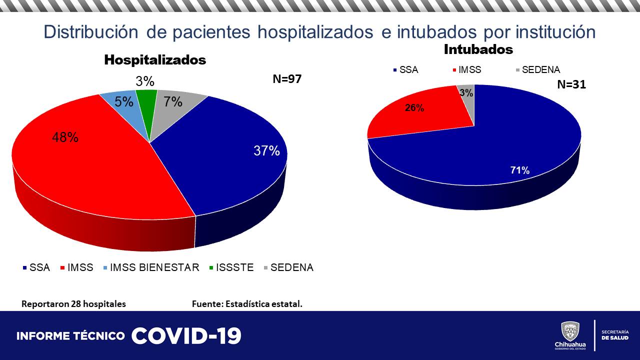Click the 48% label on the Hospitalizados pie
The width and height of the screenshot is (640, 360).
pos(65,137)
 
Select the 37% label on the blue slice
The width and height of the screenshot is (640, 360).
pos(266,150)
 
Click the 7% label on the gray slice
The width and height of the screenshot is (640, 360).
pos(173,101)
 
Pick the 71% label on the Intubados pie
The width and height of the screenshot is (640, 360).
pos(519,170)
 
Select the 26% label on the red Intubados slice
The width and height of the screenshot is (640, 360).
pos(414,107)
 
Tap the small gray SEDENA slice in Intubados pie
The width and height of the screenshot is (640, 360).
pos(467,100)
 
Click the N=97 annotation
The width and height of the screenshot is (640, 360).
pos(287,79)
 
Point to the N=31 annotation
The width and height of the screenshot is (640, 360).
pos(571,84)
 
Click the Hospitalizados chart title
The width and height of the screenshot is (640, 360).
pos(155,60)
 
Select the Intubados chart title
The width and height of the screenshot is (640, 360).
pos(478,49)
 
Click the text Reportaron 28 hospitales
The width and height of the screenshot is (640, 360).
pos(73,303)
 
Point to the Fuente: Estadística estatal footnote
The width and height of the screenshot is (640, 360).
pos(247,303)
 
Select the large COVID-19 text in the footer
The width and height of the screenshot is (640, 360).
pos(186,336)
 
